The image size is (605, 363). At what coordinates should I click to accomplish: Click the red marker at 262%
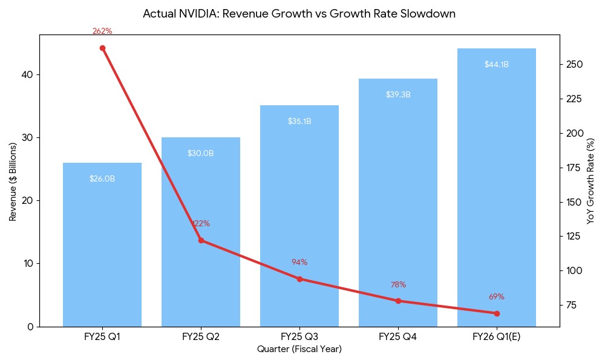click(102, 48)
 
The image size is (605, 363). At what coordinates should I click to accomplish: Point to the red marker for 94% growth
click(299, 279)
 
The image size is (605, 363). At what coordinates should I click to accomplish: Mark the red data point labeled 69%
click(497, 313)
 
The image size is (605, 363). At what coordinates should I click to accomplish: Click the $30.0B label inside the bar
click(200, 154)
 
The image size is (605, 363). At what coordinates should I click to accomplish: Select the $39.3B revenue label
click(398, 95)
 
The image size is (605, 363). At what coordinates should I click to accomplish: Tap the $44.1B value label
click(496, 65)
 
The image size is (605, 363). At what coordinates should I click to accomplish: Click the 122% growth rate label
click(201, 224)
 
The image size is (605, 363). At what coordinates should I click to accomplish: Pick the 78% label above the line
click(398, 285)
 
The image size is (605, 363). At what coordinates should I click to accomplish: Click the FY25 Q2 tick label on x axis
click(200, 337)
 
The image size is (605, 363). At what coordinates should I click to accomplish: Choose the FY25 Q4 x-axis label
click(398, 337)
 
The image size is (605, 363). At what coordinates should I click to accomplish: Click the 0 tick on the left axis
click(31, 327)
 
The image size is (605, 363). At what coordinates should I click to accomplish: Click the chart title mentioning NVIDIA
click(299, 13)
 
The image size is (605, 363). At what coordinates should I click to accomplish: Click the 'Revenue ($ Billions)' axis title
click(13, 181)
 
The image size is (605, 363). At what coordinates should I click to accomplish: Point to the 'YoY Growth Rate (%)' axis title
click(591, 181)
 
